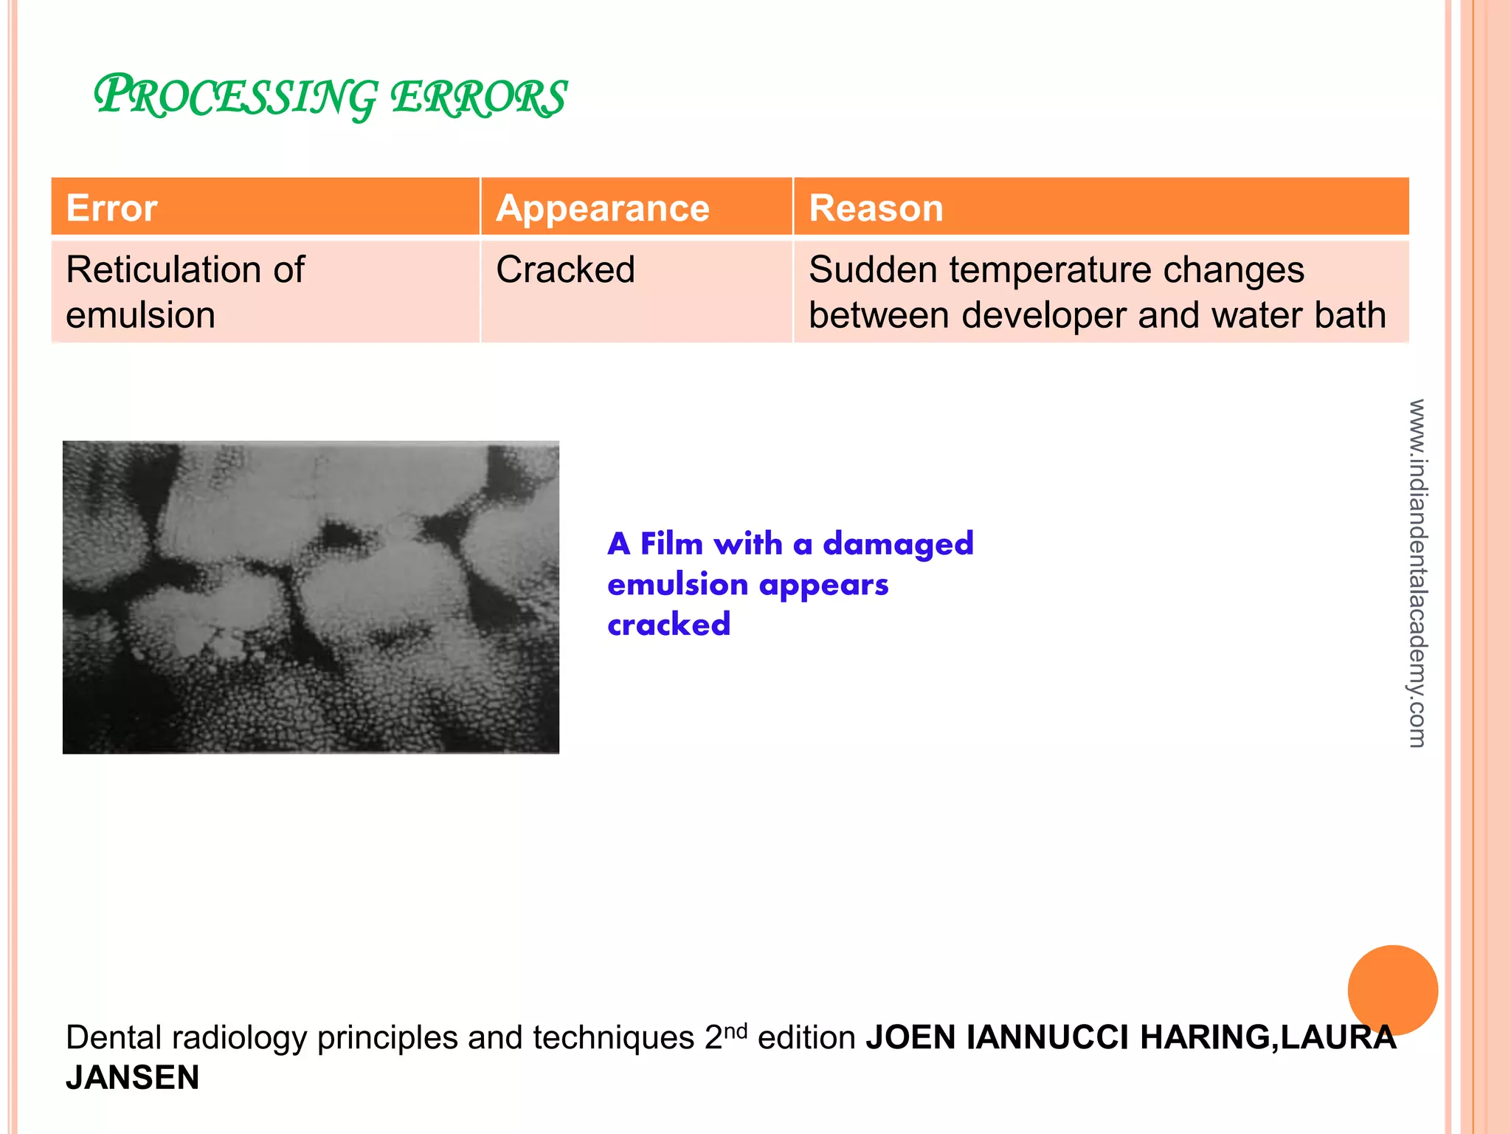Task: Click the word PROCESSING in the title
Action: pyautogui.click(x=235, y=97)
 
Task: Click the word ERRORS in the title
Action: pyautogui.click(x=478, y=98)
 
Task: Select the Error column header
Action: pyautogui.click(x=111, y=208)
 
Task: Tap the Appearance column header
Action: pyautogui.click(x=602, y=208)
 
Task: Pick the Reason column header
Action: pyautogui.click(x=876, y=208)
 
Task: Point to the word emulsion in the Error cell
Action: pyautogui.click(x=140, y=315)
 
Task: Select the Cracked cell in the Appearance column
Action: pyautogui.click(x=565, y=269)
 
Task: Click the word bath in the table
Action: pyautogui.click(x=1350, y=315)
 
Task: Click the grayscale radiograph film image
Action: pyautogui.click(x=311, y=597)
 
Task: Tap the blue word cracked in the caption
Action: pyautogui.click(x=668, y=625)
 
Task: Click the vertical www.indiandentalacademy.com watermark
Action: pyautogui.click(x=1417, y=573)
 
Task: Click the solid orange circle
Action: pyautogui.click(x=1392, y=990)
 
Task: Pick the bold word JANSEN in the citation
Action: pyautogui.click(x=133, y=1078)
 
